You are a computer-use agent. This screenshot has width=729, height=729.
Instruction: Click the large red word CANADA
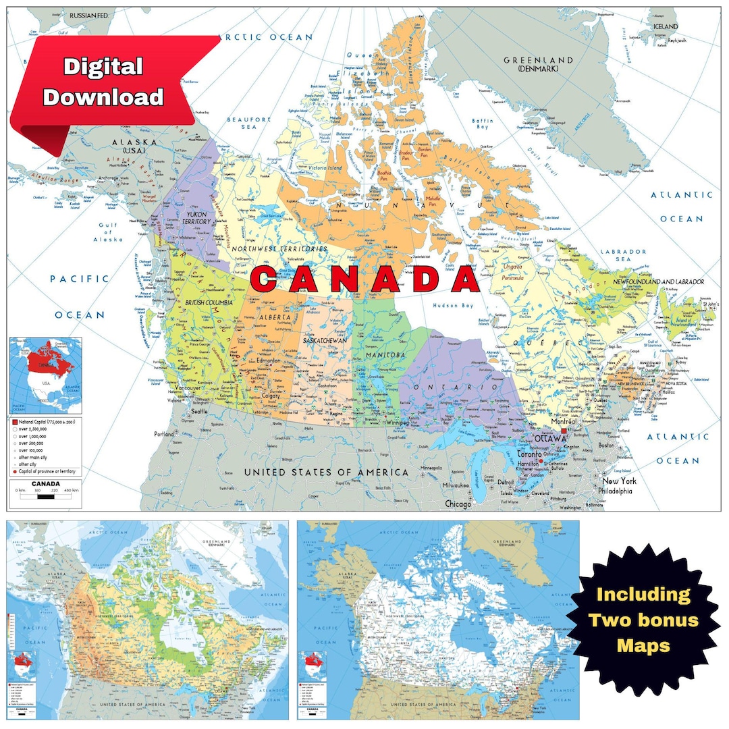364,279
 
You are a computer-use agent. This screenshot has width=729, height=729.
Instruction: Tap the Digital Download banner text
103,81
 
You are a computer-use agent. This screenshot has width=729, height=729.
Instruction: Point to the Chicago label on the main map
459,504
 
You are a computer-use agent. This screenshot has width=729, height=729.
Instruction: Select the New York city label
620,481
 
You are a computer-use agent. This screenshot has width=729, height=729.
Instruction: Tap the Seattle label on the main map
199,411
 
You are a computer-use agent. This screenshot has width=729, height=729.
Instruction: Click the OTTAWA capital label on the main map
549,439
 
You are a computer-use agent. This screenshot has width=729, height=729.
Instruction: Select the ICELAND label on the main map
666,26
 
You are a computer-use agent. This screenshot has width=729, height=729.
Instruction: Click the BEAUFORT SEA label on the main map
250,123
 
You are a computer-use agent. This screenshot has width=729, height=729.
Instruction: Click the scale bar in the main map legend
45,496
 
